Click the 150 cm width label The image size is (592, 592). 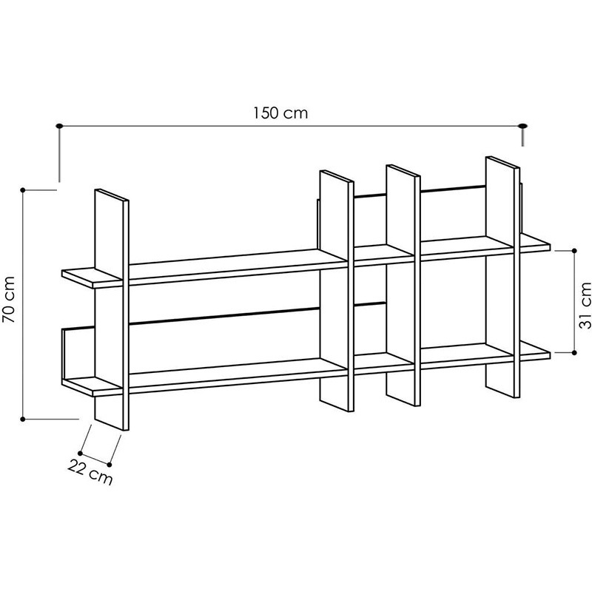[x=280, y=113]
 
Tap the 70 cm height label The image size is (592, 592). [x=9, y=300]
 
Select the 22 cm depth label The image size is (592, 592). [x=90, y=472]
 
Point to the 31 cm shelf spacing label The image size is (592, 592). [x=585, y=305]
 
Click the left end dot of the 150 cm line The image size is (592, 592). [x=59, y=126]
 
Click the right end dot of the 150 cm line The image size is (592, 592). [x=523, y=126]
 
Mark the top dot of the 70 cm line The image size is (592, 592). [x=23, y=189]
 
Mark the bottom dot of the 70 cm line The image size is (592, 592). [x=23, y=419]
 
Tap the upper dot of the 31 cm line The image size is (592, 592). [x=574, y=250]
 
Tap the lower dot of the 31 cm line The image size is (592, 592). [x=574, y=353]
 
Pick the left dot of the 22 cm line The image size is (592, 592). [x=80, y=453]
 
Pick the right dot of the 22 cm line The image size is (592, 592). [x=110, y=465]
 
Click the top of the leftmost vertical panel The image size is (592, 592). [x=112, y=195]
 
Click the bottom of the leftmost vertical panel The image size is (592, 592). [x=112, y=424]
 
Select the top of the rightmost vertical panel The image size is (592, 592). [x=503, y=162]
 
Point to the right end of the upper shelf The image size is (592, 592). [x=550, y=248]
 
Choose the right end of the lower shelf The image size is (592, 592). [x=550, y=355]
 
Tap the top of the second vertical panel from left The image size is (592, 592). [x=337, y=177]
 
